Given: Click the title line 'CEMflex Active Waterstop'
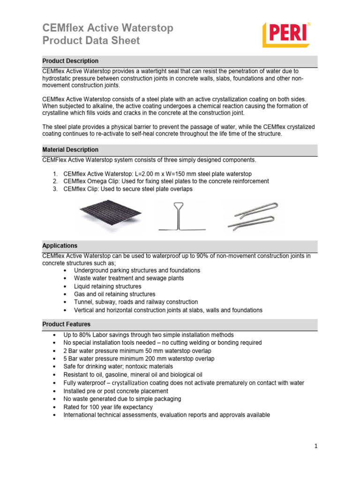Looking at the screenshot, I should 107,28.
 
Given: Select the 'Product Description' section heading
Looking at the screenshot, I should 70,61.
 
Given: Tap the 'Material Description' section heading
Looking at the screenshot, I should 70,150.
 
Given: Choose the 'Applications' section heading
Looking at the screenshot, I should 60,246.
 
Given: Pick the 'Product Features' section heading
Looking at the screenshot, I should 67,324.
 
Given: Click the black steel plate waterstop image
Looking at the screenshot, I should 111,214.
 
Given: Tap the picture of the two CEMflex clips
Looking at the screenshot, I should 254,216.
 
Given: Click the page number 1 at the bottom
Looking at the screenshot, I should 316,446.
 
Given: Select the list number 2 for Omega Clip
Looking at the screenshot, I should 55,181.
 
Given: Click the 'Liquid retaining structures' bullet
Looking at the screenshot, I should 107,286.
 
